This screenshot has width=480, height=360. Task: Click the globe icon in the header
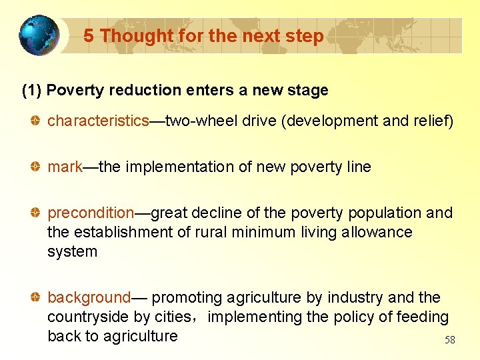coord(39,35)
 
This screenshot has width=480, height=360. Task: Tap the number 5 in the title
coord(89,36)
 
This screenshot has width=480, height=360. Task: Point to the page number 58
coord(450,340)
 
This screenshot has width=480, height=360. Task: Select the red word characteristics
coord(98,121)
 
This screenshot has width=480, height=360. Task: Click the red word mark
coord(65,167)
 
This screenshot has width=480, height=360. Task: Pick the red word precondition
coord(91,213)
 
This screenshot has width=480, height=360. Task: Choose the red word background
coord(89,297)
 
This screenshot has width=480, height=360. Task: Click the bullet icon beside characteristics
coord(37,121)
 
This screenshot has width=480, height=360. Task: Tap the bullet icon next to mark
coord(37,167)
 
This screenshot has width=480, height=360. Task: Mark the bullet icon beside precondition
coord(37,213)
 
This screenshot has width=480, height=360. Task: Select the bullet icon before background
coord(37,298)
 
